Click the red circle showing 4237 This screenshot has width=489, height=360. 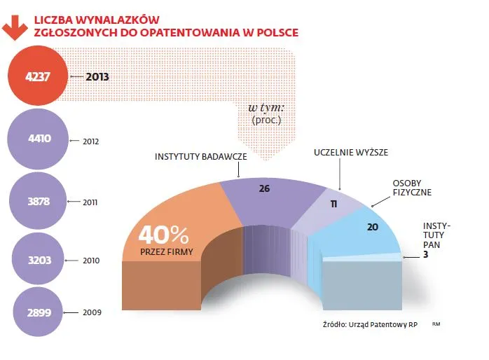(39, 78)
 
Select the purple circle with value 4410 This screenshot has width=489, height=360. (39, 139)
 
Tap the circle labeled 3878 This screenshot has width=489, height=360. (39, 200)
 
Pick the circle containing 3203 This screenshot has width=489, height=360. (39, 259)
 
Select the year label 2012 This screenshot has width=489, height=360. (92, 141)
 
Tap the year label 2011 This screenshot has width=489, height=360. (90, 202)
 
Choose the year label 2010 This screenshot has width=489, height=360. (92, 261)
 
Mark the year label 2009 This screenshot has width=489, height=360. (92, 312)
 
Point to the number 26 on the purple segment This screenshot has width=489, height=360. (264, 188)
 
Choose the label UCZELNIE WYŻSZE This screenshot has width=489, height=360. (351, 152)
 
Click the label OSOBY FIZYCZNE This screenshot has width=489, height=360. (411, 187)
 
